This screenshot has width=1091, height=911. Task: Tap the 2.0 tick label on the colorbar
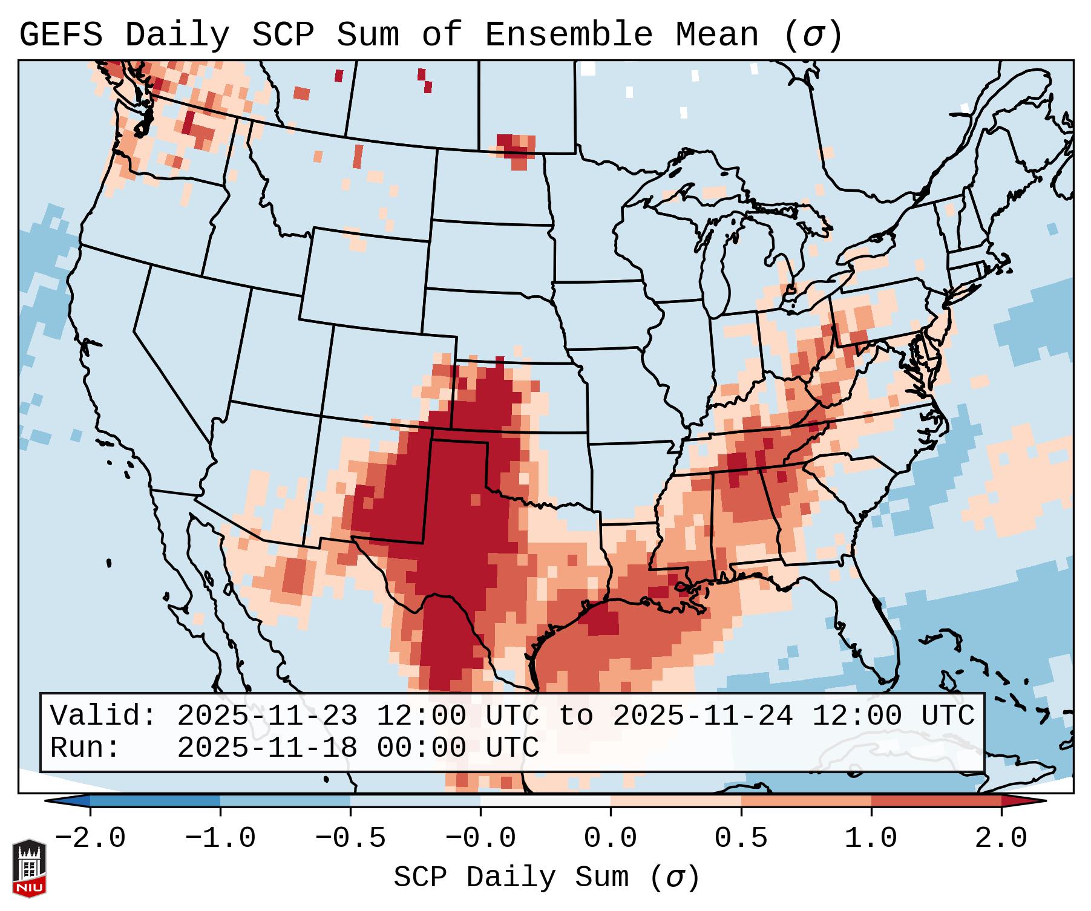tap(1001, 838)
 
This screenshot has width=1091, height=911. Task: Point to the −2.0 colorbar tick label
tap(90, 838)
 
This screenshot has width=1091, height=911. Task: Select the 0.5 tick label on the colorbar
tap(741, 838)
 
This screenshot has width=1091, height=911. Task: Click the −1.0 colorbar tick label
tap(220, 838)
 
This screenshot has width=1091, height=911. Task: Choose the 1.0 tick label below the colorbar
tap(871, 838)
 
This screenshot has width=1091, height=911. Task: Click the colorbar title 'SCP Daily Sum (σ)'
tap(546, 878)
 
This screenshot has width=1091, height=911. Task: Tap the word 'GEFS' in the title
tap(61, 35)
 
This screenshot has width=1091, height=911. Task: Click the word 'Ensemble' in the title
tap(568, 35)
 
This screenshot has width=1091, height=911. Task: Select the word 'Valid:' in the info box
tap(103, 716)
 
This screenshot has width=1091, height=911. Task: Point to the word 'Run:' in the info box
tap(85, 748)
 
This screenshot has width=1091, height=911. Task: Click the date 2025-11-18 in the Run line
tap(267, 748)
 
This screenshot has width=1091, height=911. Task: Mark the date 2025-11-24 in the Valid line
tap(703, 716)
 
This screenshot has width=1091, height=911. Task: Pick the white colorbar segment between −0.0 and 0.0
tap(545, 801)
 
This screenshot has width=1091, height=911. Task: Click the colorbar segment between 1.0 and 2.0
tap(936, 801)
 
